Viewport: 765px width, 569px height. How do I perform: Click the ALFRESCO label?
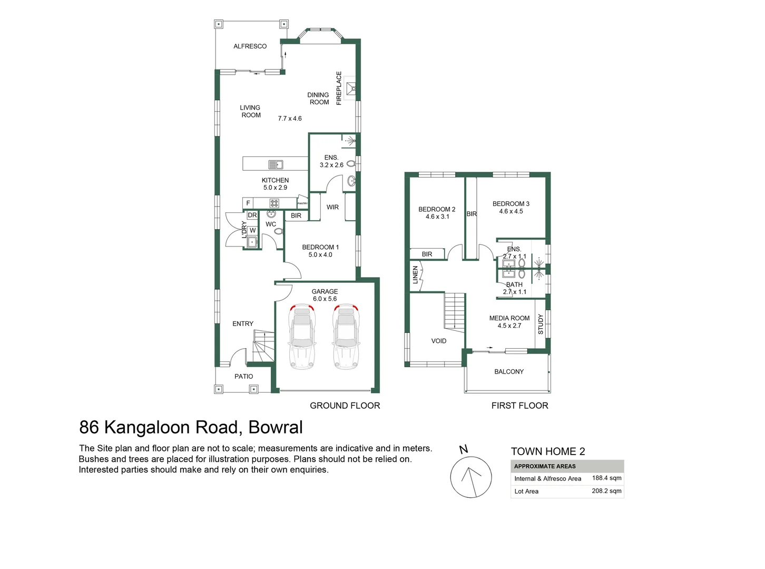(250, 46)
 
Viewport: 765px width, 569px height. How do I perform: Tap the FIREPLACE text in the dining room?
(339, 88)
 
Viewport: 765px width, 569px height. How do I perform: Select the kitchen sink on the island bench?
(276, 164)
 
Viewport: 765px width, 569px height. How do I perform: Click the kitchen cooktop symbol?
(274, 203)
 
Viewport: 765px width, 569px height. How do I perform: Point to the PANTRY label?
(302, 203)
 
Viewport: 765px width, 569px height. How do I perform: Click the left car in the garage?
(302, 337)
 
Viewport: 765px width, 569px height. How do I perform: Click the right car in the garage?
(346, 337)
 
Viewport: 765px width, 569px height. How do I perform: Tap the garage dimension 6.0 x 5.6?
(325, 299)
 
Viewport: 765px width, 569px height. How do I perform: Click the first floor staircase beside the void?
(454, 311)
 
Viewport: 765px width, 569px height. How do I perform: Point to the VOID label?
(438, 341)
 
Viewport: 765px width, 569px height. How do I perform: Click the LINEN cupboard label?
(415, 275)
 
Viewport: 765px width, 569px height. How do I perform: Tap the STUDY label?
(541, 325)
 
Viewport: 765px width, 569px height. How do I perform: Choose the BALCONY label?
(509, 372)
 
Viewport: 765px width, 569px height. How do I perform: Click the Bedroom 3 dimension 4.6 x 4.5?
(511, 212)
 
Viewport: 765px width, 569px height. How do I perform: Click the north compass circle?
(471, 477)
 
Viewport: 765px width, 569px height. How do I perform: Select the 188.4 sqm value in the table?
(606, 478)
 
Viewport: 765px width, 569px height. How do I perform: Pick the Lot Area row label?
(526, 492)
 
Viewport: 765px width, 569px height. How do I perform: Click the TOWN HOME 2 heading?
(548, 452)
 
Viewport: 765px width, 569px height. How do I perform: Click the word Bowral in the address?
(276, 427)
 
